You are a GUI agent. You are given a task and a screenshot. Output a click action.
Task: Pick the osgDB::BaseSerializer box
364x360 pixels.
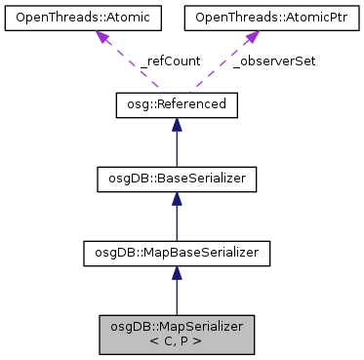tap(176, 180)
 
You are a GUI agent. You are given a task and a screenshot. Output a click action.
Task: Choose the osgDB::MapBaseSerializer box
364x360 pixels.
tap(176, 255)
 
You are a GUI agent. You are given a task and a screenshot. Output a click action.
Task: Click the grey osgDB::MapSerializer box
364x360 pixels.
tap(176, 335)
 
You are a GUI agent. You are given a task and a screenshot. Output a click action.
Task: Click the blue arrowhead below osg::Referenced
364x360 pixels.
tap(176, 126)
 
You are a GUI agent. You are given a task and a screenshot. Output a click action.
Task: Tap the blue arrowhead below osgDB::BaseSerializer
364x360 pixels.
tap(176, 200)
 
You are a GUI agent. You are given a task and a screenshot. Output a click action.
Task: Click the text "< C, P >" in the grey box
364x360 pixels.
tap(176, 342)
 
